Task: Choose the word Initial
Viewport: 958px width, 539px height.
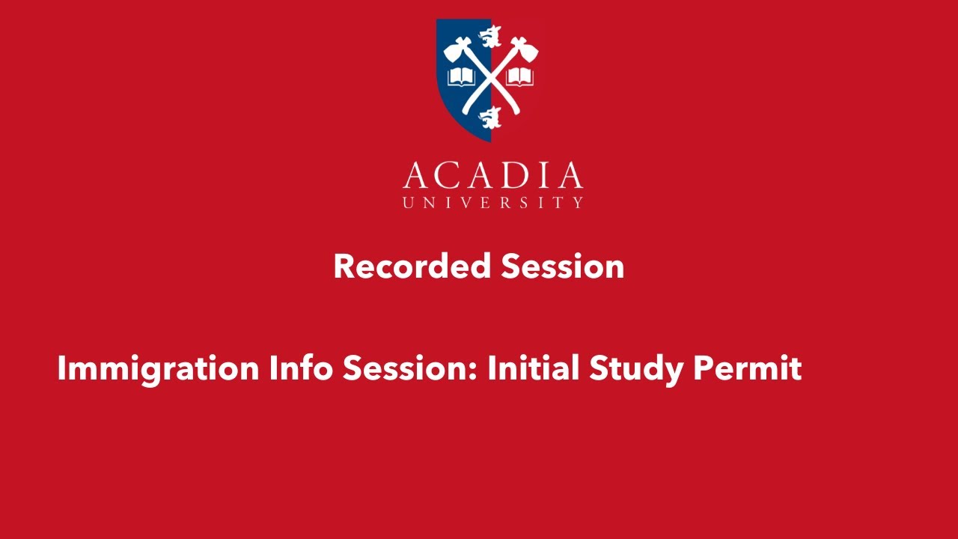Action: [x=534, y=368]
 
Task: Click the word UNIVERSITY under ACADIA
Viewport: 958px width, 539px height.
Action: [x=492, y=202]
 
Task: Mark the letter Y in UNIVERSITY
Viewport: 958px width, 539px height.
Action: [x=577, y=202]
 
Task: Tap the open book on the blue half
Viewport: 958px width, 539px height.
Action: [x=461, y=76]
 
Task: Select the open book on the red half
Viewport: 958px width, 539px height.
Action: [x=519, y=76]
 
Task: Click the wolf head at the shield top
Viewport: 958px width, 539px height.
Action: [x=491, y=34]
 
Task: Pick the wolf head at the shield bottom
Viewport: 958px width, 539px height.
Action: [x=490, y=117]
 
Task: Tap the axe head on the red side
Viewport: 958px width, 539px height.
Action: [x=525, y=50]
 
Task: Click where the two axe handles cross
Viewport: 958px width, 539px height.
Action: [x=490, y=77]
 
